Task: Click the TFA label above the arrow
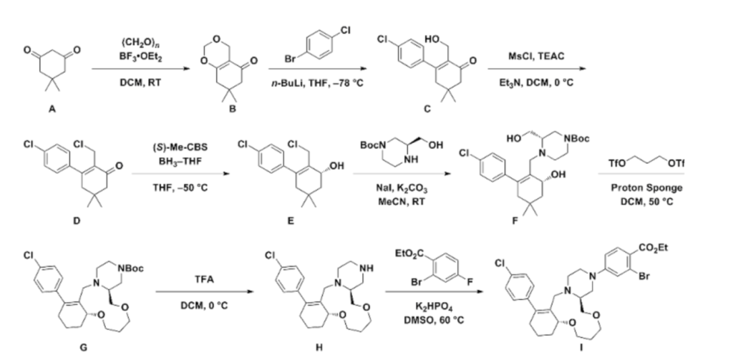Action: [194, 282]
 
